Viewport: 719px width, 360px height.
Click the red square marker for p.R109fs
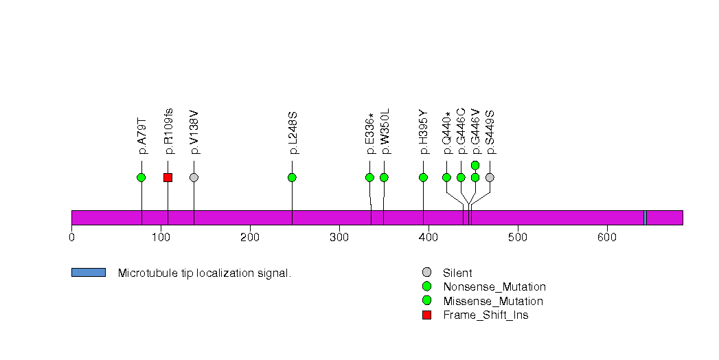168,177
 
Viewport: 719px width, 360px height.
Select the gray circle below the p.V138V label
194,177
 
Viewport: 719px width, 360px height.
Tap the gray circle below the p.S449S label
490,177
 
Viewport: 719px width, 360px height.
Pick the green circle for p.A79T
141,177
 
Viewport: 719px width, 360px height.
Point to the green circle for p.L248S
292,177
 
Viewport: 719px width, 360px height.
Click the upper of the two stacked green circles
475,165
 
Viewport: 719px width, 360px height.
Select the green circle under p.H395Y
423,177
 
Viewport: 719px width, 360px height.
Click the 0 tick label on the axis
71,237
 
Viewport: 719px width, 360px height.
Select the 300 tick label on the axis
339,237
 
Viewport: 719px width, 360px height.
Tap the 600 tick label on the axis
606,237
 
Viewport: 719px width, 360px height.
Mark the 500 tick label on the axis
517,237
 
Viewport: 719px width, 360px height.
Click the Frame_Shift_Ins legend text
486,315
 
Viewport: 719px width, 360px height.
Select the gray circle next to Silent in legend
426,273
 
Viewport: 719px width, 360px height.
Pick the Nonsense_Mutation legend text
494,287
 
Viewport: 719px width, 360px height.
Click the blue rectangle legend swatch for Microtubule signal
89,273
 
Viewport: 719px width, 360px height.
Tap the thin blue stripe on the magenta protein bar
646,218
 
